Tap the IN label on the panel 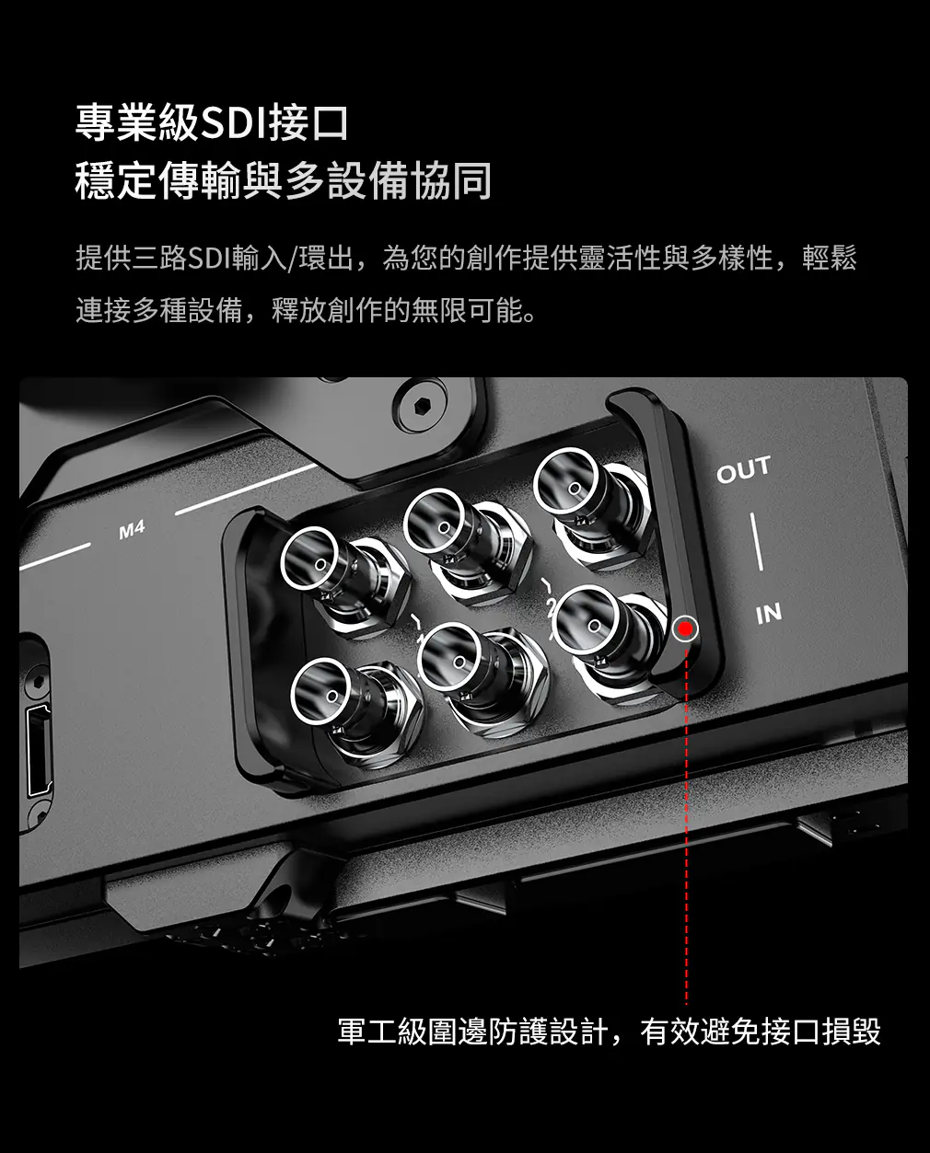(x=769, y=613)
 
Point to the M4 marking (x=132, y=530)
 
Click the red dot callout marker (x=685, y=628)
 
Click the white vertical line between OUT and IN (x=757, y=542)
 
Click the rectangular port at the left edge (x=39, y=749)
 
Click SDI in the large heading (x=234, y=123)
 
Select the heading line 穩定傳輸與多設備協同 (x=283, y=180)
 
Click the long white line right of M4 (x=246, y=490)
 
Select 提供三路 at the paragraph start (x=131, y=258)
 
